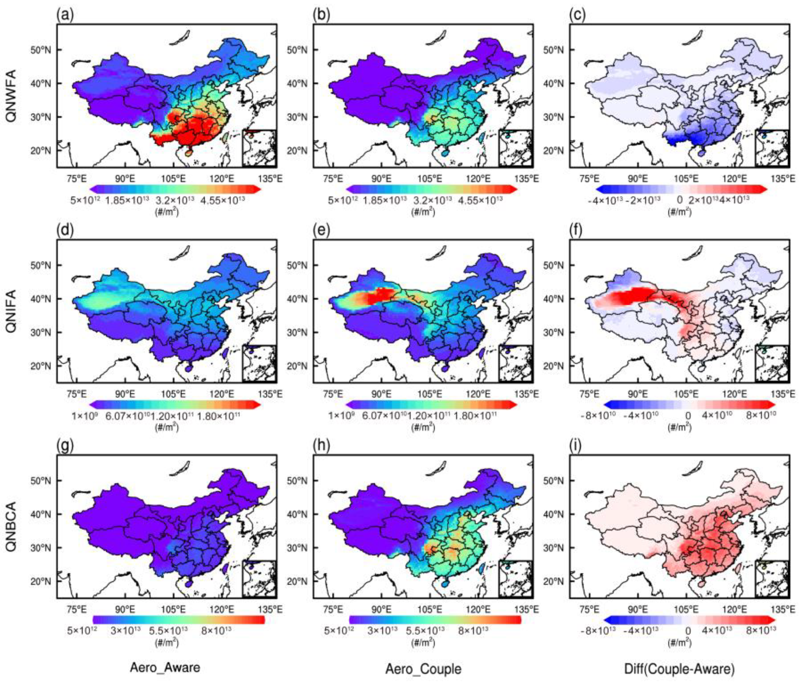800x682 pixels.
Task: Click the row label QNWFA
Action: [12, 96]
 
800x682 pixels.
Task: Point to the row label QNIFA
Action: [12, 311]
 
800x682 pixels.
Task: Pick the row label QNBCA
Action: [12, 527]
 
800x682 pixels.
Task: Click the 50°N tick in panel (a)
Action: [42, 50]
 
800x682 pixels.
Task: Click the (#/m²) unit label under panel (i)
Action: [679, 642]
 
